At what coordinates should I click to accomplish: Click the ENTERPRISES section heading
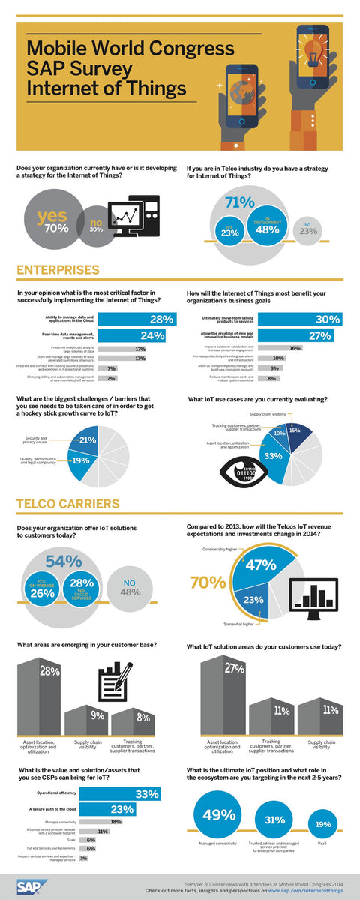pyautogui.click(x=58, y=270)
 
